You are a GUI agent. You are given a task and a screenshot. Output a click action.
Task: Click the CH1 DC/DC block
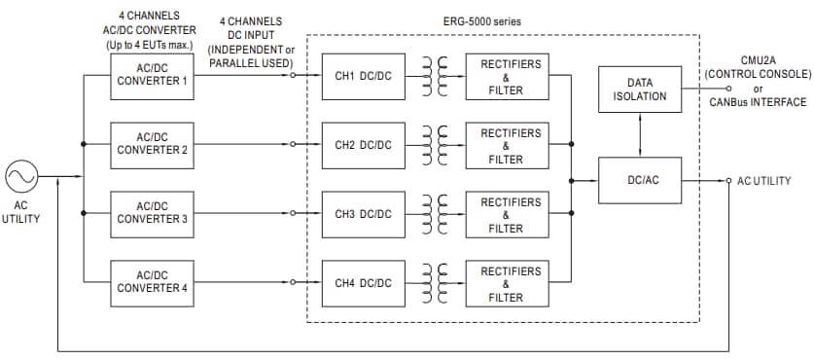[363, 76]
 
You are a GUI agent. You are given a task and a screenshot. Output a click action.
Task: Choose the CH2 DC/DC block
[363, 144]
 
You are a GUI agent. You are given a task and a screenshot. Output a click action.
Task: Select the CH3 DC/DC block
[363, 213]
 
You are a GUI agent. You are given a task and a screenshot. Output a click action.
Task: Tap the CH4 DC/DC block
[363, 282]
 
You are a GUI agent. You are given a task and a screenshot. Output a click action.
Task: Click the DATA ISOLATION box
[639, 90]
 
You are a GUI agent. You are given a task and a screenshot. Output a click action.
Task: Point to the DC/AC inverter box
[639, 180]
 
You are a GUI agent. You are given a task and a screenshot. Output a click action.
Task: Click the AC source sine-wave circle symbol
[21, 178]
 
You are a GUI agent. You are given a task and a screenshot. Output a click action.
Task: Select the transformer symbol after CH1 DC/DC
[435, 76]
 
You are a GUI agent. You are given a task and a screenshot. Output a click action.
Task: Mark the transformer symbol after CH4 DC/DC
[435, 282]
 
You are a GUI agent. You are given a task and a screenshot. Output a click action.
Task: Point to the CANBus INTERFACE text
[758, 101]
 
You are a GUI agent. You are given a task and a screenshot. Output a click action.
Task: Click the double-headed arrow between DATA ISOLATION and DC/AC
[639, 134]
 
